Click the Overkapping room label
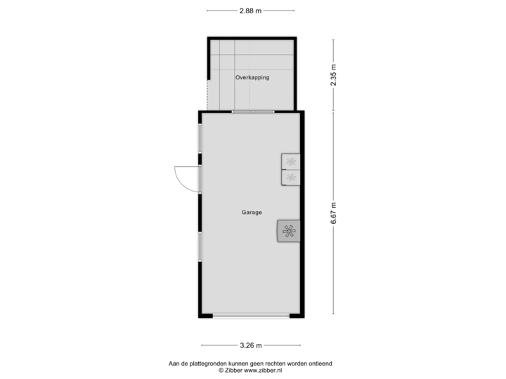[252, 78]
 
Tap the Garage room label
[252, 212]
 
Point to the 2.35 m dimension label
[334, 74]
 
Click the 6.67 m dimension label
[334, 213]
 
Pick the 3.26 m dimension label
[250, 345]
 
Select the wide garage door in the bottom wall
[250, 316]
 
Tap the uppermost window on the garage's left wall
[200, 138]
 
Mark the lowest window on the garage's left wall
[200, 247]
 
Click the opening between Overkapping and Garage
[253, 111]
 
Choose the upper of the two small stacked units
[290, 162]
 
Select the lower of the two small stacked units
[290, 178]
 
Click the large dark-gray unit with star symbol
[288, 230]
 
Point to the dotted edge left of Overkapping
[207, 94]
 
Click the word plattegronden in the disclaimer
[200, 364]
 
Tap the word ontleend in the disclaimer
[320, 364]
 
